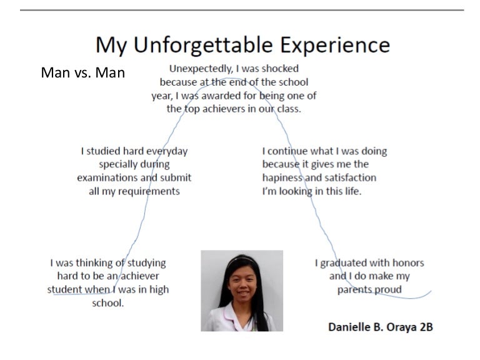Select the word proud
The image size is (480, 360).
point(387,290)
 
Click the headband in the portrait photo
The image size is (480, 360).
point(241,259)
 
